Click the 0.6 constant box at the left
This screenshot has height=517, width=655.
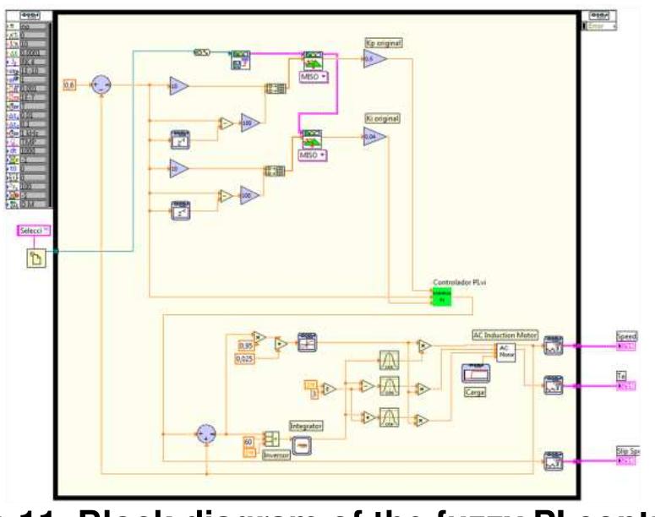[71, 84]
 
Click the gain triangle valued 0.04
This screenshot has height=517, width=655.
[374, 137]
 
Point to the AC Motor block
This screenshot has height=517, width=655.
[505, 352]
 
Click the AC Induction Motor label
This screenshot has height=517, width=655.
[505, 335]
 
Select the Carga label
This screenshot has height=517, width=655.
[474, 393]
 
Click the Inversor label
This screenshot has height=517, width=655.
[275, 454]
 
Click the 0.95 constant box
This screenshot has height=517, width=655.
[244, 346]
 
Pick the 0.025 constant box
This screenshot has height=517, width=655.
[245, 362]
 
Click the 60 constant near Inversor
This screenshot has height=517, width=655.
[248, 440]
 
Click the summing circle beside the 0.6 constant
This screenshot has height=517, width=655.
[101, 84]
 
